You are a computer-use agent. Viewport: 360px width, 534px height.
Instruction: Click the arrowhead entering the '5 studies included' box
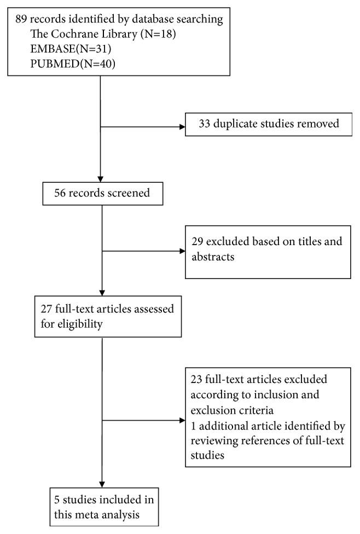pos(103,486)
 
